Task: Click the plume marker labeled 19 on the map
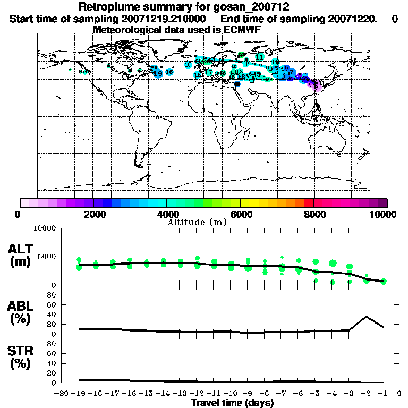(158, 73)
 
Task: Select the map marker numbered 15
(188, 64)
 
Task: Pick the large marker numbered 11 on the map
(260, 57)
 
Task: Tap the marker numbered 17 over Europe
(209, 72)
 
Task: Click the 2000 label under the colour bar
(93, 215)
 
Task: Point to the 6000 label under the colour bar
(241, 215)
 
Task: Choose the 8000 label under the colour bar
(314, 215)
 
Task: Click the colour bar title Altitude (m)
(197, 222)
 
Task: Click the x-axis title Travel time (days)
(232, 403)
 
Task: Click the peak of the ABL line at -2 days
(366, 317)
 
